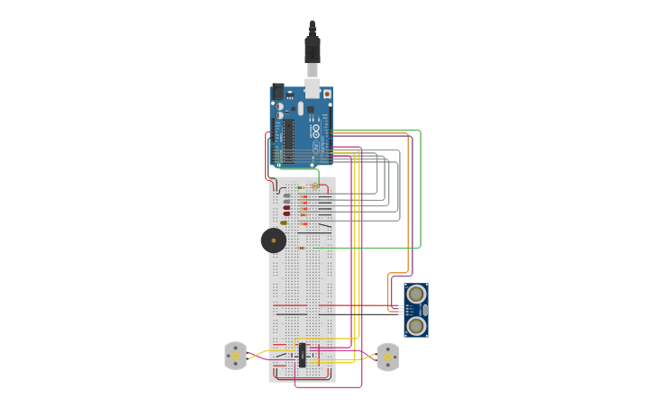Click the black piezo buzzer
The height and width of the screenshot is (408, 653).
click(x=273, y=240)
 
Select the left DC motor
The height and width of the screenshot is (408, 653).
click(x=235, y=356)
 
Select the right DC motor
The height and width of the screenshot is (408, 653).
click(x=387, y=357)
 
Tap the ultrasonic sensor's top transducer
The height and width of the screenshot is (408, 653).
click(x=415, y=295)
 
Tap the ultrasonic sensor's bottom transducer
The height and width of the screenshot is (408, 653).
click(x=415, y=325)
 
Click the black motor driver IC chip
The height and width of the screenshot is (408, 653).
click(x=302, y=355)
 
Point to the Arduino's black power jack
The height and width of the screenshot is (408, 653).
click(x=277, y=91)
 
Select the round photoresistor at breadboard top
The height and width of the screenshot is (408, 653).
click(x=314, y=186)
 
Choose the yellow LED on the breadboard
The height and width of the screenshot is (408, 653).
click(x=284, y=222)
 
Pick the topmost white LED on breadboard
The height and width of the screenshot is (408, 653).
click(x=286, y=195)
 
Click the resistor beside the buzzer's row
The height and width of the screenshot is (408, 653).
click(x=301, y=248)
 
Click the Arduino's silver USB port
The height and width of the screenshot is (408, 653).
click(x=313, y=87)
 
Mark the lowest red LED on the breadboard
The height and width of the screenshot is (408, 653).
click(x=286, y=214)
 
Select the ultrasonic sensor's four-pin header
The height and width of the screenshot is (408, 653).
click(x=402, y=309)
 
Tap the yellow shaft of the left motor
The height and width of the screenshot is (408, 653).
click(x=235, y=356)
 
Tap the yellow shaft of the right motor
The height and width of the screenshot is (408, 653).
click(x=387, y=357)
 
